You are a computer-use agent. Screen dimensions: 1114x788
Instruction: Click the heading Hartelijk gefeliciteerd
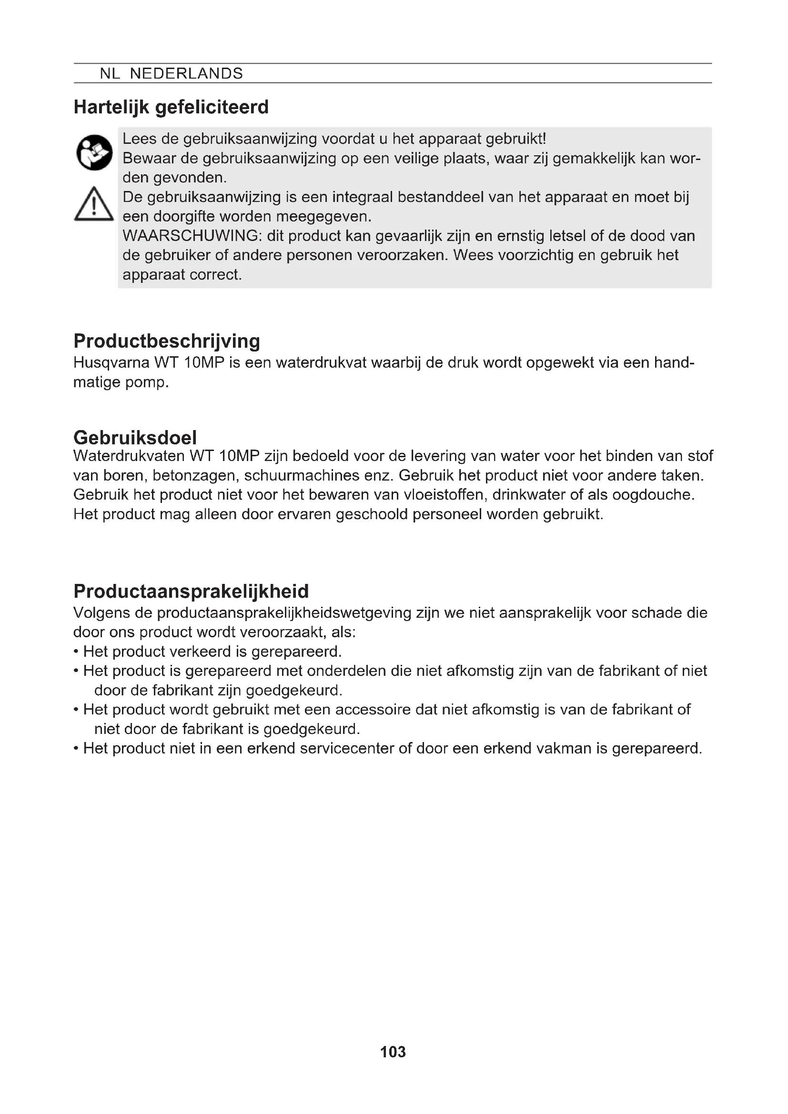tap(171, 107)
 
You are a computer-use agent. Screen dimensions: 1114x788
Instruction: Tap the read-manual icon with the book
tap(94, 152)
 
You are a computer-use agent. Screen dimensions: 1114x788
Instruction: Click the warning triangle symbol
tap(94, 205)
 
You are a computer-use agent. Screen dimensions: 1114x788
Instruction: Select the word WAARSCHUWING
tap(192, 236)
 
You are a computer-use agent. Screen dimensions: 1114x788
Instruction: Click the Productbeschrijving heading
tap(166, 341)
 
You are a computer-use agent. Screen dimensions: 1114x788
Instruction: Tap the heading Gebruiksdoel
tap(135, 438)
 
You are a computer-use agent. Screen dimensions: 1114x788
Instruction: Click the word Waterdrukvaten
tap(129, 456)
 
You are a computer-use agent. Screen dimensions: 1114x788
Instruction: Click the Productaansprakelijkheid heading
tap(191, 592)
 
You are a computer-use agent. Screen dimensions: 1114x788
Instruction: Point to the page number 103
tap(393, 1052)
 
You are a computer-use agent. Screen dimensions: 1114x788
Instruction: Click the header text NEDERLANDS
tap(186, 74)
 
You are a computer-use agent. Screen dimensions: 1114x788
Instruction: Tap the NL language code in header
tap(110, 74)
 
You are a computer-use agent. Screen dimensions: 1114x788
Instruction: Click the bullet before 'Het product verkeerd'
tap(76, 652)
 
